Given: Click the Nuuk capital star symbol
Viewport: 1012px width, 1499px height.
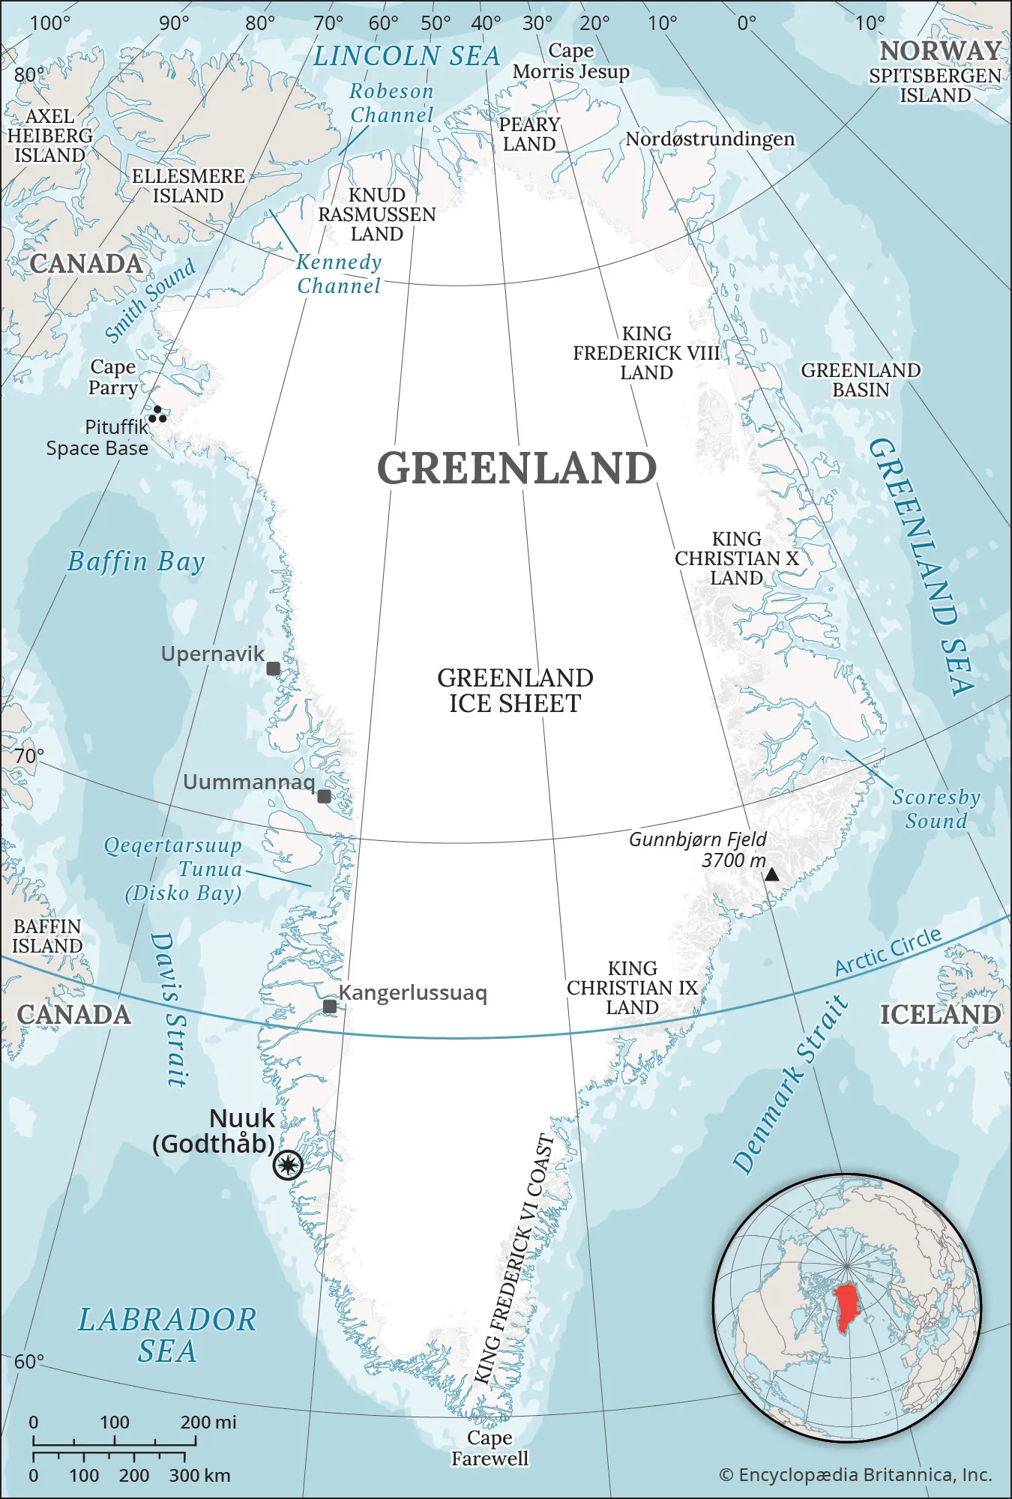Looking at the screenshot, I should click(288, 1165).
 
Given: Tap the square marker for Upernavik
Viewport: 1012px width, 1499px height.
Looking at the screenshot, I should click(274, 669).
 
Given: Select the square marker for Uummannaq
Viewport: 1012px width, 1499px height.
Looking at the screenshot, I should click(324, 796).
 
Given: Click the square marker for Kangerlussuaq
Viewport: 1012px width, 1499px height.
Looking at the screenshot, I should click(330, 1006).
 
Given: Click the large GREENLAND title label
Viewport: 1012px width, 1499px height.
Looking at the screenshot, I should click(516, 468).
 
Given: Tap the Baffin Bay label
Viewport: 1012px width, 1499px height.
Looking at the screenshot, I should click(136, 561).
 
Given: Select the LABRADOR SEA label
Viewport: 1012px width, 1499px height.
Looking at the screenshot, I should click(167, 1336).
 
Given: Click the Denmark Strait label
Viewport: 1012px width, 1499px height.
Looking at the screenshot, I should click(790, 1084).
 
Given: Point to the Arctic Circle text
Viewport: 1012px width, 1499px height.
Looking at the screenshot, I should click(888, 951).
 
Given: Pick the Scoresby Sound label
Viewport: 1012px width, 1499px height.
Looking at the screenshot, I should click(936, 809).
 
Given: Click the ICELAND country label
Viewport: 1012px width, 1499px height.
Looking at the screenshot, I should click(940, 1014).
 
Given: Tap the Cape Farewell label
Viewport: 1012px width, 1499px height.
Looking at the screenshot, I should click(490, 1448).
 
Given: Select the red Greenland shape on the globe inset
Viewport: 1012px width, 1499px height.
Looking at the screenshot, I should click(847, 1306).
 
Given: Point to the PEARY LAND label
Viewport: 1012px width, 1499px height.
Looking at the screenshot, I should click(529, 134).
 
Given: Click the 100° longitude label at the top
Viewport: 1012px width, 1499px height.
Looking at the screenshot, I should click(50, 23).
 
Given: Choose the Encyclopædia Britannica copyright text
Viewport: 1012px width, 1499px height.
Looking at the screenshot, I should click(855, 1475).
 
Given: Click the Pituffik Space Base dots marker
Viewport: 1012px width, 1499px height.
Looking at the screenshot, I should click(158, 414).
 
